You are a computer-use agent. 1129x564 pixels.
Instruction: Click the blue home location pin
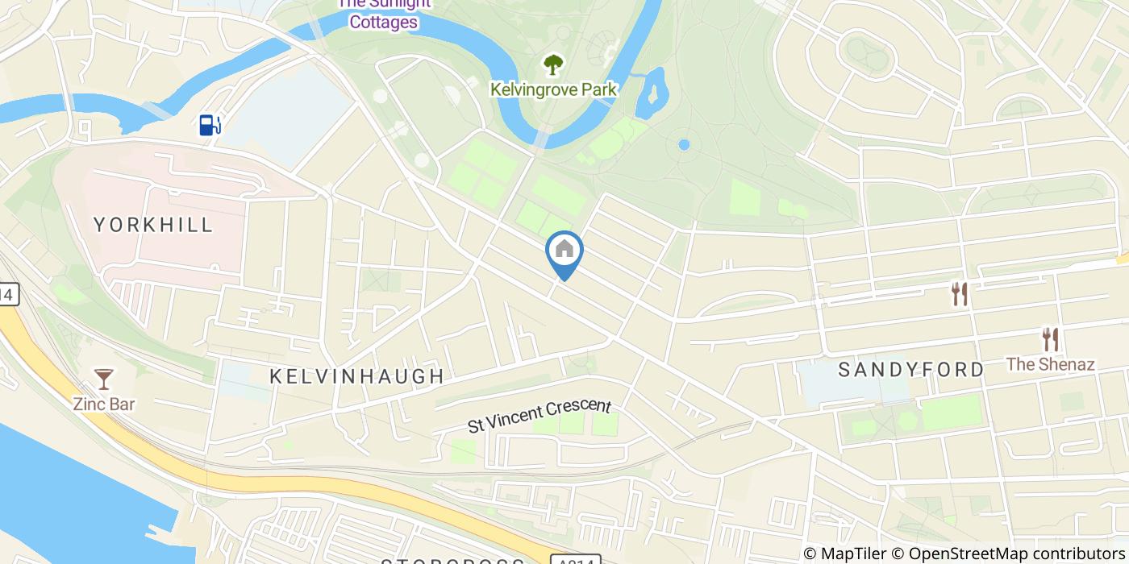564,251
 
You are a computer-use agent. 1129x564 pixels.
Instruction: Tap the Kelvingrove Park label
553,89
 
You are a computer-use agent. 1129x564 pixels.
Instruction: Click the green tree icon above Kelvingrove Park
553,64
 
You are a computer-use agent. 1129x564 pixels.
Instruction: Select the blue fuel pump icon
210,125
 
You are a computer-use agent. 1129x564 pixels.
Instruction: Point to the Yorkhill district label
153,225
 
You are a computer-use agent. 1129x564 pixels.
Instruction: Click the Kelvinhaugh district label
356,376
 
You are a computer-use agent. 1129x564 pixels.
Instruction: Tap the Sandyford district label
911,370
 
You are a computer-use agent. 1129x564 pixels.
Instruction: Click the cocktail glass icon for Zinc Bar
104,379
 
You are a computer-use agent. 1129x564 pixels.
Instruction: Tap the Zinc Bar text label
103,404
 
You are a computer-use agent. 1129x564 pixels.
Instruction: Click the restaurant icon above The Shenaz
1049,339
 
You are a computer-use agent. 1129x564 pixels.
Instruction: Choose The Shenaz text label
1050,364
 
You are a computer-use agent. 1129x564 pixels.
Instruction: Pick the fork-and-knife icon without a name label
959,294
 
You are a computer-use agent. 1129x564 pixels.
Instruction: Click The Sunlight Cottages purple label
384,15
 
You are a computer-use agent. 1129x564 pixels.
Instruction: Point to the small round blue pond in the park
684,145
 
